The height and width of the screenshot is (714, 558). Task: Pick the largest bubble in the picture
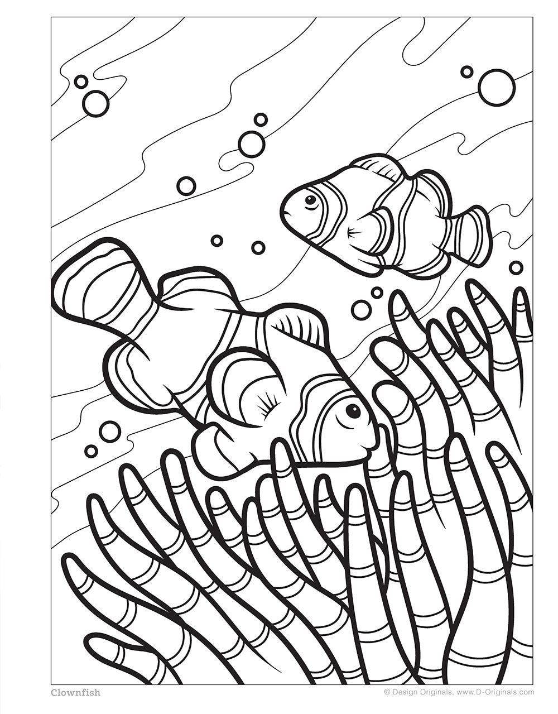click(x=496, y=88)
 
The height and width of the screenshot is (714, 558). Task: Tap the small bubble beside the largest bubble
click(x=466, y=71)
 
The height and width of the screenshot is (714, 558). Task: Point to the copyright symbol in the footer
click(x=387, y=692)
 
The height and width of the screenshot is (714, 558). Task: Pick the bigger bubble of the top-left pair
click(x=95, y=103)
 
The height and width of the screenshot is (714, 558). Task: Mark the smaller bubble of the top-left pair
click(x=81, y=82)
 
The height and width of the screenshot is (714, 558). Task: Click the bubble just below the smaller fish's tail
click(x=516, y=267)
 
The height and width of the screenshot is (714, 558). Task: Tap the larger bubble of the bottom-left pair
click(x=109, y=431)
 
